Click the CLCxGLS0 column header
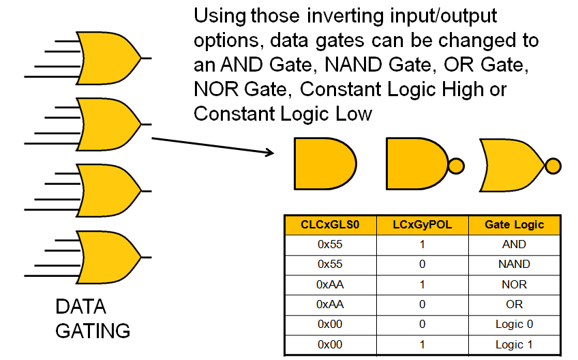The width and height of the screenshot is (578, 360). click(330, 224)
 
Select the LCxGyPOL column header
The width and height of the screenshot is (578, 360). click(422, 224)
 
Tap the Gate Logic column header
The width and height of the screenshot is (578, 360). click(515, 224)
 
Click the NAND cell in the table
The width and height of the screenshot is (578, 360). click(515, 264)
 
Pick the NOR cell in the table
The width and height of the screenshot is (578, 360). click(515, 284)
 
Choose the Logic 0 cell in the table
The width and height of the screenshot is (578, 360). click(515, 324)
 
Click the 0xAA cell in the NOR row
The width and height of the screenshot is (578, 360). click(330, 284)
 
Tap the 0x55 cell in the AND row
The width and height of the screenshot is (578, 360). click(330, 244)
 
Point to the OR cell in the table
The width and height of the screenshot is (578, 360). click(515, 304)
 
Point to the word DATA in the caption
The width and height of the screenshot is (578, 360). click(80, 306)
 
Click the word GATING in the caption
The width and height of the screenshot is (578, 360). click(92, 331)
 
